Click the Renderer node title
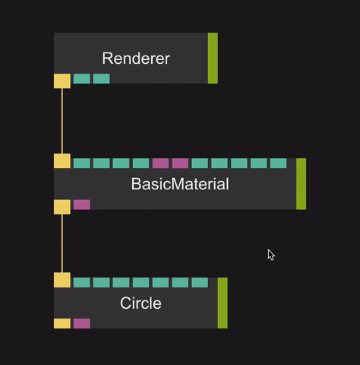coord(136,59)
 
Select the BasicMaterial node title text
coord(180,184)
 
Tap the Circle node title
coord(141,303)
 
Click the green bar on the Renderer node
coord(213,58)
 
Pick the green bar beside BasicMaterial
coord(301,184)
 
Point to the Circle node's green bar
coord(223,303)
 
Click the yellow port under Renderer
coord(62,81)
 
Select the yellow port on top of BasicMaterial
coord(62,161)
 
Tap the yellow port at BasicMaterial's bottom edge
coord(62,207)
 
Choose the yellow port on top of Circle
coord(62,280)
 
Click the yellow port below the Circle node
coord(62,323)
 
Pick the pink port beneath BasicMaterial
coord(82,205)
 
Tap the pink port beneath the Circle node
coord(82,323)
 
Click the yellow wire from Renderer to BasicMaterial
coord(62,120)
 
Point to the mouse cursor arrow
coord(270,254)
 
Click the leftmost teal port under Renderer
coord(82,78)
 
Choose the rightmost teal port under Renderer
coord(101,78)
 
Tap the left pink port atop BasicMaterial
coord(160,163)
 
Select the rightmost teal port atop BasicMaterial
coord(279,163)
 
